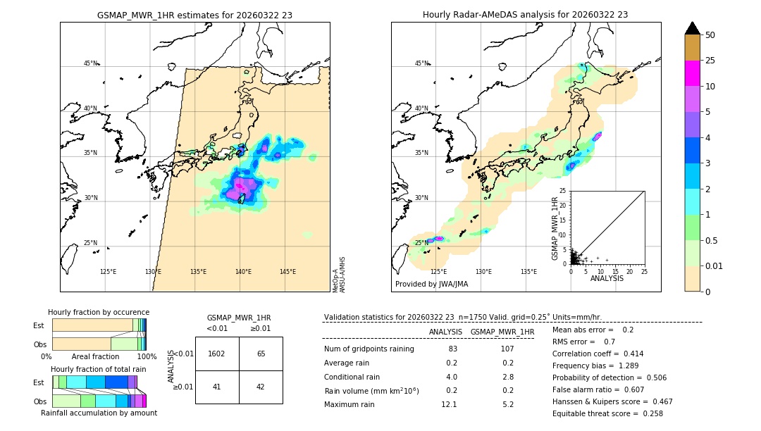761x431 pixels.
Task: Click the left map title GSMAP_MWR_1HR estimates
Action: (194, 15)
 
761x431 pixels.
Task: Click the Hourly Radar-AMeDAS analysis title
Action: (525, 15)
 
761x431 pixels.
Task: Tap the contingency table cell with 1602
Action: (217, 354)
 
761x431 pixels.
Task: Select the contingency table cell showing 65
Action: (261, 354)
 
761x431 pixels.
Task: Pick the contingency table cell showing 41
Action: (217, 386)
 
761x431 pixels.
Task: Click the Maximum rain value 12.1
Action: (449, 404)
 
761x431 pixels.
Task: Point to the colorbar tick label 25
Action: (710, 61)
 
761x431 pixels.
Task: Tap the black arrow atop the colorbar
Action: (692, 28)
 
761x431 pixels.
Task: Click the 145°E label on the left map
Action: (287, 272)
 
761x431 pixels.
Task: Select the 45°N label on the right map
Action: (421, 63)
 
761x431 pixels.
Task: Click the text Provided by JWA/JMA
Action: (431, 284)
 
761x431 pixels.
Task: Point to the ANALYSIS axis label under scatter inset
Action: (607, 278)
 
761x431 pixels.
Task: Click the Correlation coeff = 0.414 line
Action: (598, 354)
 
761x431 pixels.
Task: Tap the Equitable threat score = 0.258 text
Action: (607, 413)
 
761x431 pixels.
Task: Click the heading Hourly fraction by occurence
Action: (99, 312)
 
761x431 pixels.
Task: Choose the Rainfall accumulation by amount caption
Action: (99, 413)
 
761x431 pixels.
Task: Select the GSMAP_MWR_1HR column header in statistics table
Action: (502, 332)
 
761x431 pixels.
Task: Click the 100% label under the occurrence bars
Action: (147, 357)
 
